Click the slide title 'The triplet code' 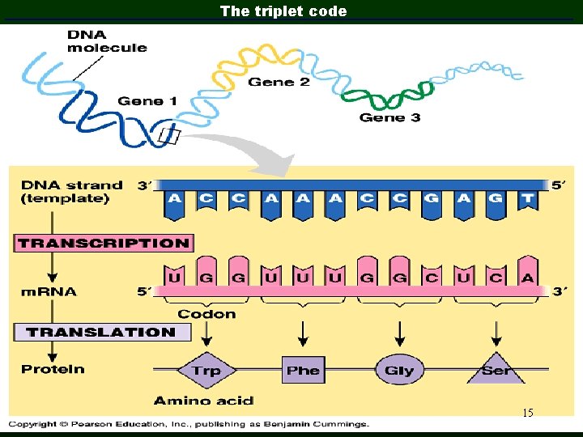[283, 11]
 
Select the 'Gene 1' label [147, 101]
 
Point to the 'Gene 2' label [279, 82]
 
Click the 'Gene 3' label [389, 117]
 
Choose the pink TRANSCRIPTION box [103, 243]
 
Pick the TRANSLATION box [101, 332]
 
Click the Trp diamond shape [206, 371]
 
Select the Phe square [303, 371]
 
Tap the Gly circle [399, 371]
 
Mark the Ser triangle [495, 369]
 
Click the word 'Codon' [206, 314]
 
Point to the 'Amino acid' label [203, 401]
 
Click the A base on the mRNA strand [527, 278]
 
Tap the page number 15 [527, 414]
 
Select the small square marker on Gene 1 [168, 137]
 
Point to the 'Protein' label [53, 369]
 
